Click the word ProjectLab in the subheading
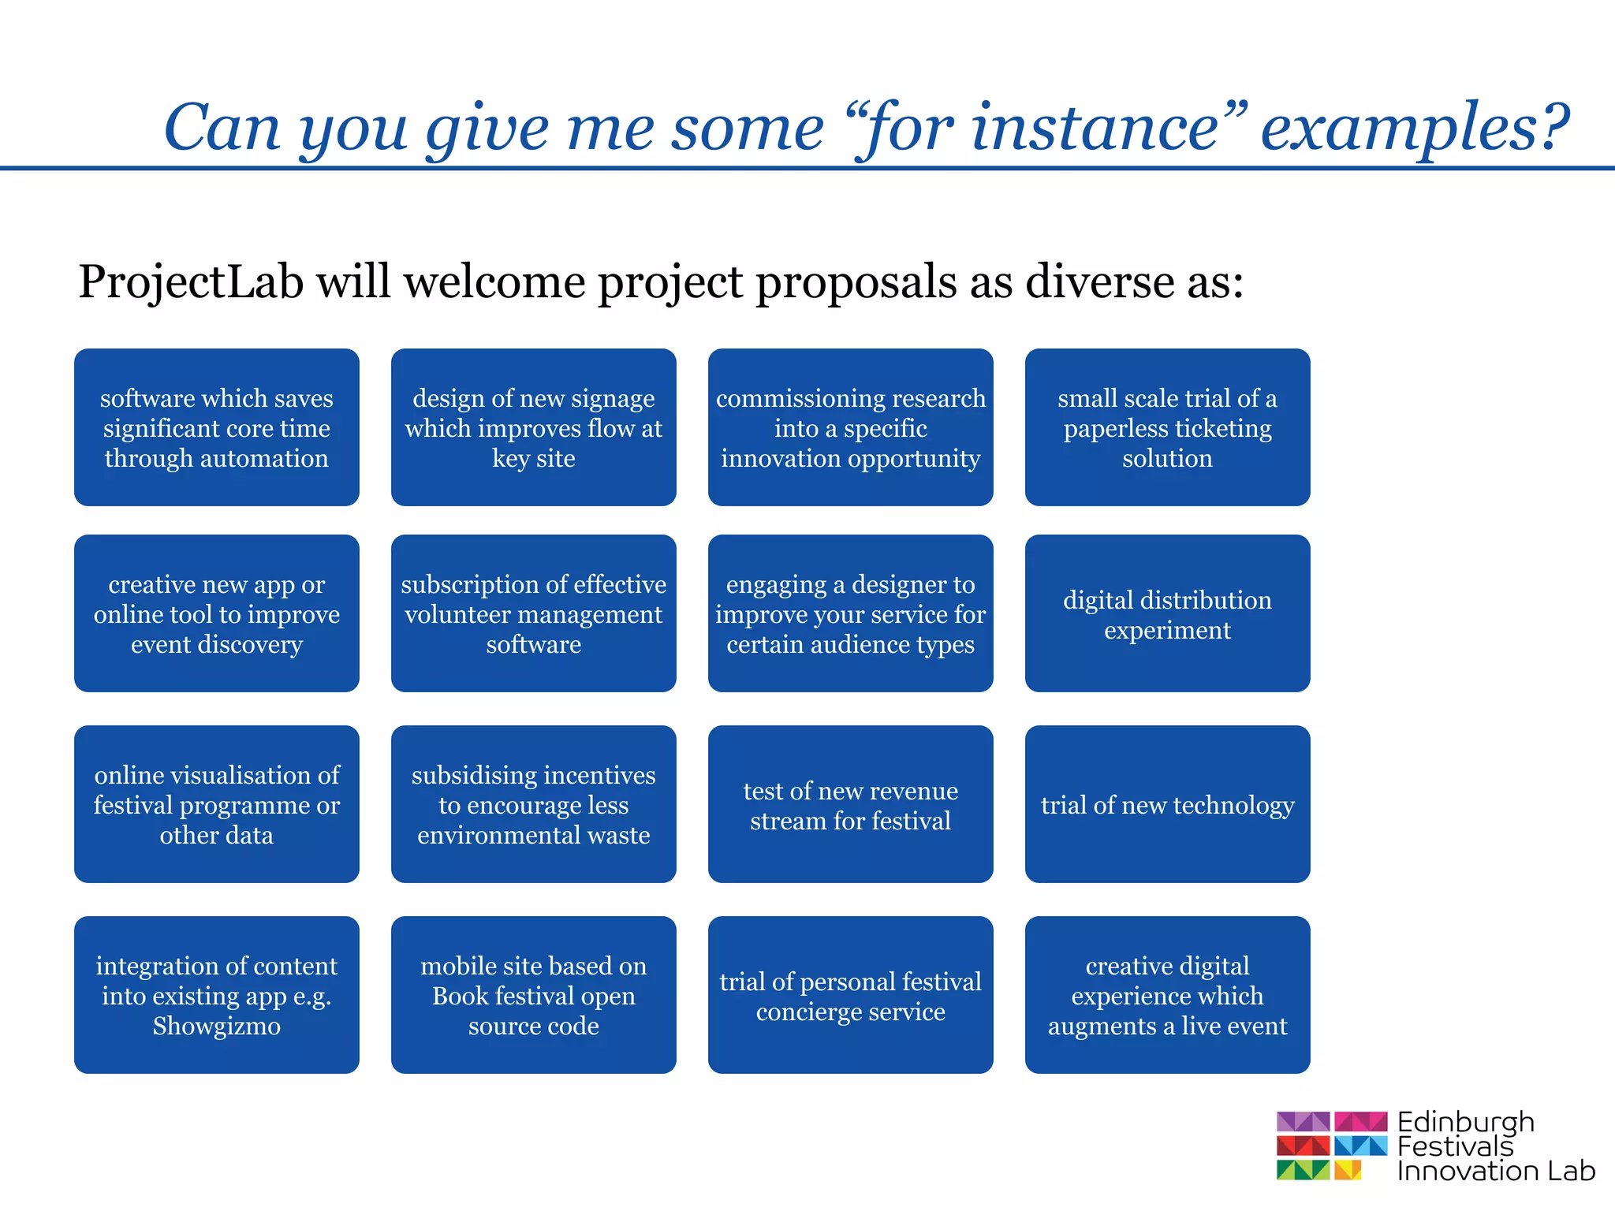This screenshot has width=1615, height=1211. [191, 282]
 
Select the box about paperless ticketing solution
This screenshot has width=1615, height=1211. [1167, 427]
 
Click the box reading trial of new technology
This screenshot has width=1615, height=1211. [1167, 804]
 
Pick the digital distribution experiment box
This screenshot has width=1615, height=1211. [1167, 613]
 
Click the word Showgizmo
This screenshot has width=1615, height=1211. [216, 1026]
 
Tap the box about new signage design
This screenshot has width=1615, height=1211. [533, 427]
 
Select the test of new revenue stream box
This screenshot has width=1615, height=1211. [850, 804]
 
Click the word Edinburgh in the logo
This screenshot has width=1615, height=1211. [1465, 1122]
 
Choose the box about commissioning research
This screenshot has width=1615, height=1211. [850, 427]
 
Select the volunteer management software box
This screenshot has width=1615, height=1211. [533, 613]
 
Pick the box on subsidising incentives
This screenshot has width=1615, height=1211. [533, 804]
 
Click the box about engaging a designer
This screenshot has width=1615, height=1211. [850, 613]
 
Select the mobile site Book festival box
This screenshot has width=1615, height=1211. [533, 995]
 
